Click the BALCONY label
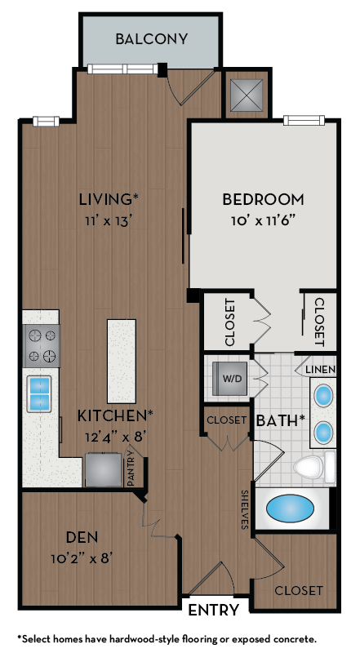click(x=152, y=38)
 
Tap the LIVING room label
click(x=108, y=198)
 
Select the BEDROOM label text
click(x=263, y=199)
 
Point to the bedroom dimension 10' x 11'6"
click(x=263, y=219)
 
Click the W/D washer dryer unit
click(x=232, y=378)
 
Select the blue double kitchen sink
click(x=39, y=393)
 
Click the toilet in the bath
click(x=311, y=467)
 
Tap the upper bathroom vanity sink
click(x=324, y=396)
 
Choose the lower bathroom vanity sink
click(x=324, y=430)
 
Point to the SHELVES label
click(x=244, y=510)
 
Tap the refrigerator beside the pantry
click(x=104, y=469)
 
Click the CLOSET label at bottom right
click(x=298, y=590)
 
